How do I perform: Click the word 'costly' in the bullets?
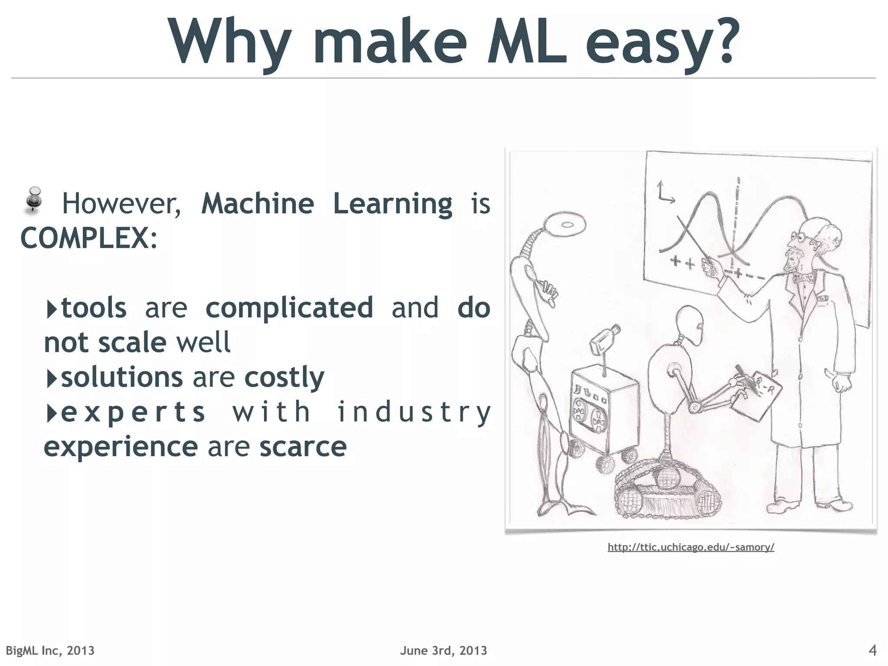coord(284,377)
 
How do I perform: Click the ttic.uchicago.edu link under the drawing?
coord(691,547)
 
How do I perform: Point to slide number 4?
coord(873,650)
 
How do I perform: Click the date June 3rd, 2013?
coord(444,650)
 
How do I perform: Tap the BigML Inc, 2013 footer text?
coord(50,650)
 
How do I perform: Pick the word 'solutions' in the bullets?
coord(122,377)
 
